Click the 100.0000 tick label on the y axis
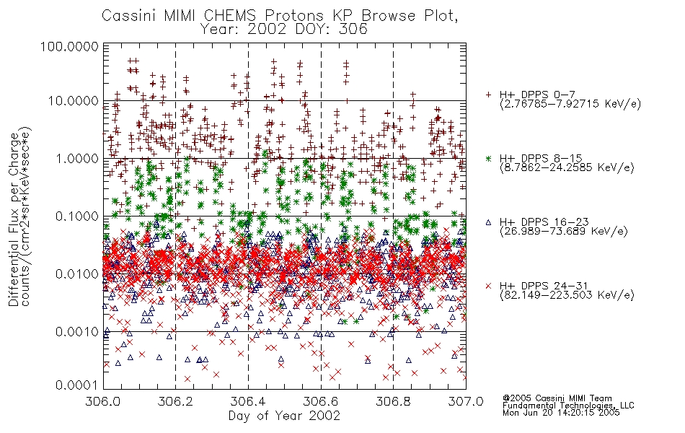[x=69, y=46]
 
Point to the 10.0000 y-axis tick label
[x=73, y=101]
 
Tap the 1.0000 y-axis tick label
[x=77, y=158]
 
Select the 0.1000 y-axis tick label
[x=77, y=216]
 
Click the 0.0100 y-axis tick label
[x=77, y=274]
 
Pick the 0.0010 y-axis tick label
[x=77, y=332]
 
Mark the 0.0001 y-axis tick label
[x=77, y=385]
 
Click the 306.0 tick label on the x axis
[x=103, y=401]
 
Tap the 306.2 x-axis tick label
[x=176, y=401]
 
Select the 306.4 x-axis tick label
[x=248, y=401]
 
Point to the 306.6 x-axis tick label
[x=321, y=401]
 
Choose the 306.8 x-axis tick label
[x=393, y=401]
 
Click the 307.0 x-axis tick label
[x=466, y=401]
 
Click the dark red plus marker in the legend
[x=488, y=95]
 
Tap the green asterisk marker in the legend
[x=488, y=158]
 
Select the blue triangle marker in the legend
[x=488, y=222]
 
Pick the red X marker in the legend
[x=488, y=286]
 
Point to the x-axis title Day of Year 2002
[x=284, y=416]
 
